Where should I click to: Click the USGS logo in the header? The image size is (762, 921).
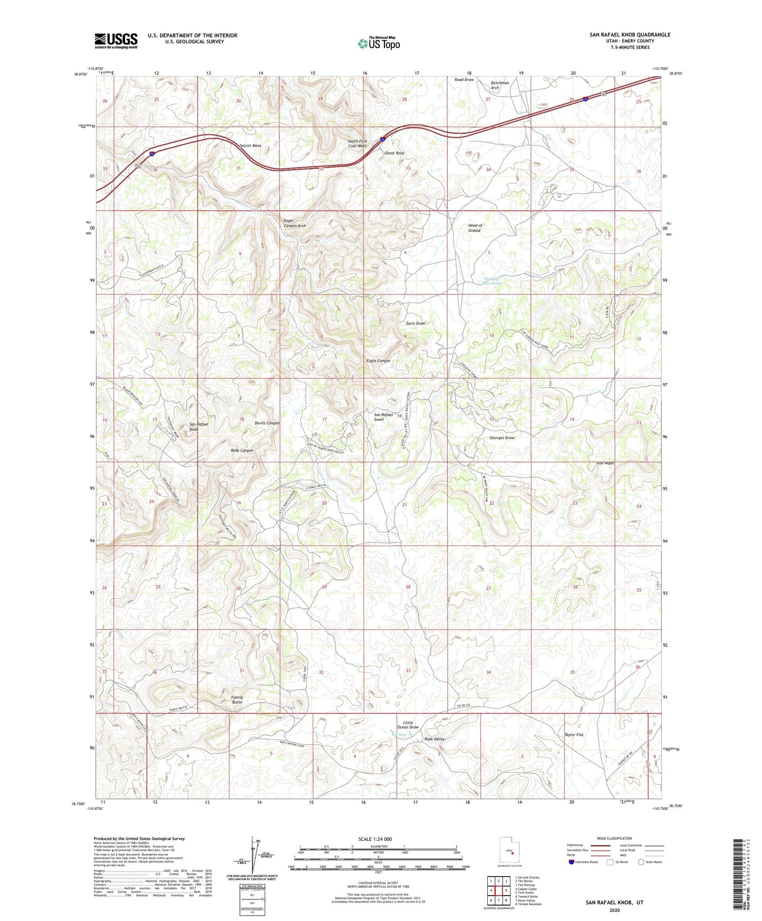pyautogui.click(x=115, y=41)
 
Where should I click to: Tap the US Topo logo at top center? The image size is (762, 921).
pyautogui.click(x=378, y=43)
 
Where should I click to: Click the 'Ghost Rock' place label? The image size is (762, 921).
pyautogui.click(x=394, y=153)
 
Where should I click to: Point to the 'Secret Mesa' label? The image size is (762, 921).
pyautogui.click(x=250, y=146)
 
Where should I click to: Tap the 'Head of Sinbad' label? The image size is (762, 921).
pyautogui.click(x=475, y=228)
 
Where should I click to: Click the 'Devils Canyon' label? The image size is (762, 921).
pyautogui.click(x=267, y=423)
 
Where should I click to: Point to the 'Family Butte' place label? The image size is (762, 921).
pyautogui.click(x=237, y=699)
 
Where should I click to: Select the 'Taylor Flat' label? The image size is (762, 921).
pyautogui.click(x=574, y=735)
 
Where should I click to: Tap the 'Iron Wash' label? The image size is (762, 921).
pyautogui.click(x=605, y=463)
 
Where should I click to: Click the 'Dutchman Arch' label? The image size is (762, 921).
pyautogui.click(x=499, y=85)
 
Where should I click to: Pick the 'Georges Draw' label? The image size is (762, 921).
pyautogui.click(x=501, y=438)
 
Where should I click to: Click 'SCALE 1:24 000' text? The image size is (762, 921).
pyautogui.click(x=375, y=839)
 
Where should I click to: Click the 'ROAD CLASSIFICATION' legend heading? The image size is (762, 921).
pyautogui.click(x=614, y=838)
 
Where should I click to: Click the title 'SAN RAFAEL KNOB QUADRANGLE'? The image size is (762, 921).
pyautogui.click(x=630, y=35)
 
